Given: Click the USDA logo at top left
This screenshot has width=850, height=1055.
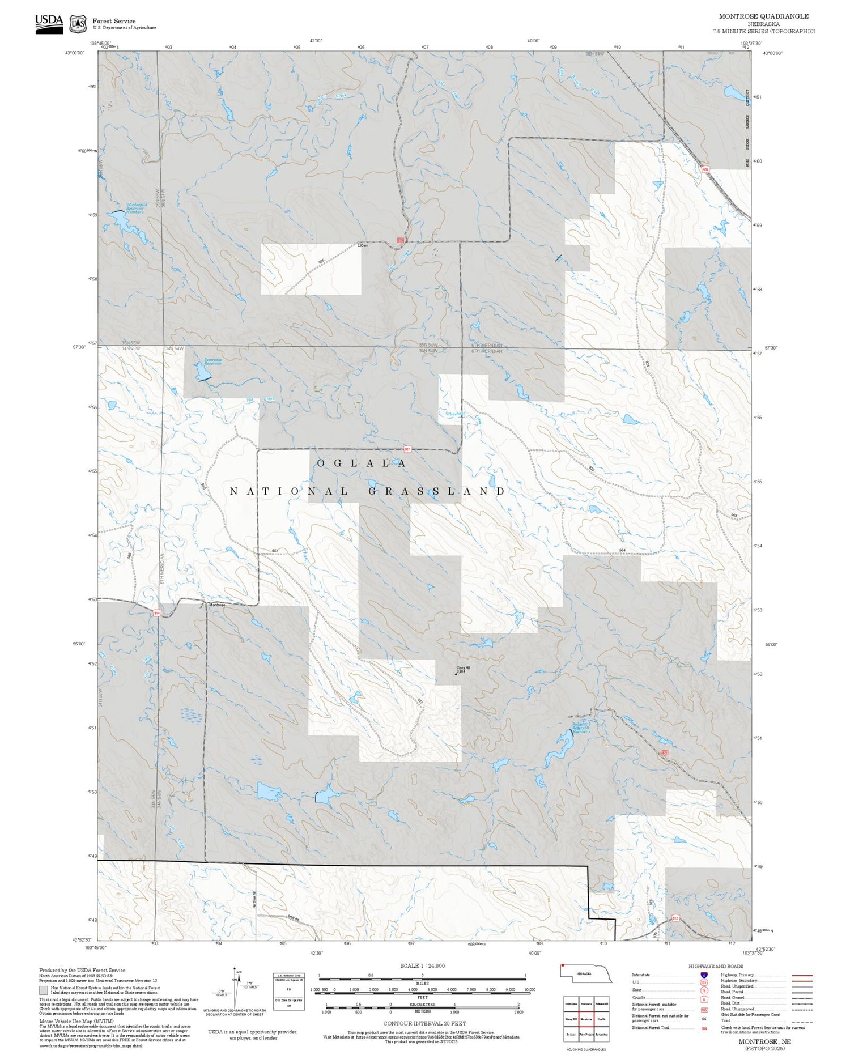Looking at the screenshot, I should [x=49, y=23].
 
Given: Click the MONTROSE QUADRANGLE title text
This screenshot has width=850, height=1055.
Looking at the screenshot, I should [x=764, y=16].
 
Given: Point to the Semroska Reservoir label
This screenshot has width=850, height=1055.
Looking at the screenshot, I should [x=213, y=361].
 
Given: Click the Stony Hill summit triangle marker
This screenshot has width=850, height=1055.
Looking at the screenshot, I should [x=456, y=674].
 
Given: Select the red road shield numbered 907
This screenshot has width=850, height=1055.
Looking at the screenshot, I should [x=407, y=449].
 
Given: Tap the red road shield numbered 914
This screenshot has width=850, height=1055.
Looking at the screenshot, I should [x=156, y=612].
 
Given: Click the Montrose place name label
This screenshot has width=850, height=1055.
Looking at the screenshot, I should [x=217, y=605].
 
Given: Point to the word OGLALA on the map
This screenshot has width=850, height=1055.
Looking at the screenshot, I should [x=361, y=463].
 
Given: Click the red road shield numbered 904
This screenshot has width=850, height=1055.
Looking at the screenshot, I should [x=705, y=169].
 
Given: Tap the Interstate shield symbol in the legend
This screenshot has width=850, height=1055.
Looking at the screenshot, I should [x=704, y=975].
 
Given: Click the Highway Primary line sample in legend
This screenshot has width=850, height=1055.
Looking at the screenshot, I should [x=800, y=976].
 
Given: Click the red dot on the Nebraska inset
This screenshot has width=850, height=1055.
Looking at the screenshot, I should [x=563, y=965].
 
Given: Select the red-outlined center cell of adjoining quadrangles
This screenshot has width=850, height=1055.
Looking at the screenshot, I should [x=586, y=1019].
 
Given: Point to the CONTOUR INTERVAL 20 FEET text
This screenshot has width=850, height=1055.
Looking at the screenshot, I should [x=424, y=1023].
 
